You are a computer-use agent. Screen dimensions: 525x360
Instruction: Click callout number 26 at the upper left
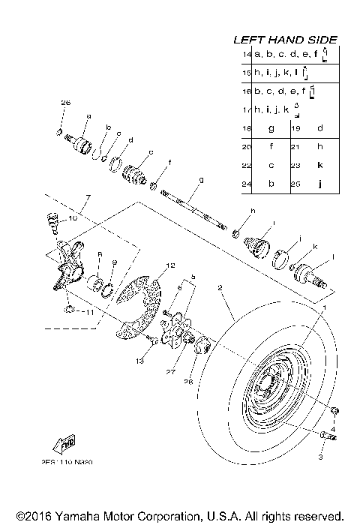tap(65, 102)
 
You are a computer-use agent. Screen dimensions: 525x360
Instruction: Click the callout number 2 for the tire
tap(220, 287)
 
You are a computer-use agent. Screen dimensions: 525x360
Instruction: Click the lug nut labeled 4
tap(335, 410)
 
